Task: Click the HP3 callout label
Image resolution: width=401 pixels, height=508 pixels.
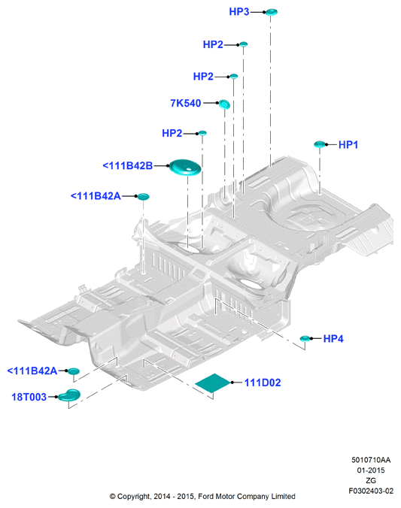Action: (x=238, y=12)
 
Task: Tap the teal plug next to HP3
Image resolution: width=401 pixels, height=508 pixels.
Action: (x=272, y=12)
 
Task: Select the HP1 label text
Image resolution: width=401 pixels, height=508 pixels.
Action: (x=348, y=144)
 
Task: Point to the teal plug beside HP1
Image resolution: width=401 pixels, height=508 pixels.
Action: (x=320, y=144)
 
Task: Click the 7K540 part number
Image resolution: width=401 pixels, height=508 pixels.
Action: (x=186, y=103)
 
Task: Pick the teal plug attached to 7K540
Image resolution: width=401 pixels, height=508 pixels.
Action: (x=224, y=104)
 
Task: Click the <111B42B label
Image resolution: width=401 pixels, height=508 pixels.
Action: (x=127, y=165)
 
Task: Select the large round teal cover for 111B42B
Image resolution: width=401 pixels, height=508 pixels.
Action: (x=185, y=167)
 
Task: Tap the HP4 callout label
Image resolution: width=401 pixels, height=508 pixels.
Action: (x=333, y=339)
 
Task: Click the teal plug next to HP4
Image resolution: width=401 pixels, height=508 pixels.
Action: (x=305, y=339)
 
